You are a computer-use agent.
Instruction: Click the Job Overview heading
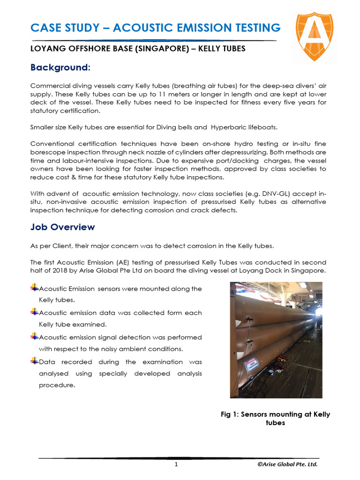[x=62, y=227]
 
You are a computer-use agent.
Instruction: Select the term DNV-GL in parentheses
[x=262, y=194]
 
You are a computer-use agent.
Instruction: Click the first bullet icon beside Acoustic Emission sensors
[x=34, y=288]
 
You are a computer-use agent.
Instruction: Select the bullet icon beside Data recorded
[x=34, y=361]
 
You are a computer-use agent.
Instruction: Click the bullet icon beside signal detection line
[x=34, y=337]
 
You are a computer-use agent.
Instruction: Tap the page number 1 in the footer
[x=176, y=464]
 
